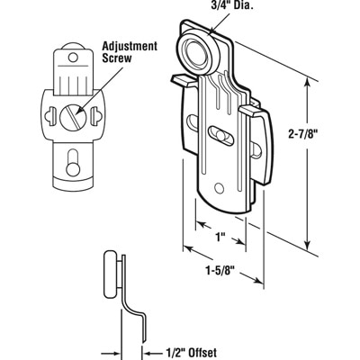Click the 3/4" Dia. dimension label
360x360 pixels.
(x=231, y=6)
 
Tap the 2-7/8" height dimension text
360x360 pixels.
(x=303, y=135)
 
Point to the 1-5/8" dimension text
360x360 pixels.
(x=220, y=271)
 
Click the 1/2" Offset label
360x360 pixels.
(x=191, y=352)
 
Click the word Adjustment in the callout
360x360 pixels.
(x=130, y=47)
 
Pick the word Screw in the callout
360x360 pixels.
(x=117, y=58)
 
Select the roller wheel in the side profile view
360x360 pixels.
(x=110, y=274)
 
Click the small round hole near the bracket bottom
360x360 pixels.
(x=220, y=188)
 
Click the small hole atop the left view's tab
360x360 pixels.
(x=73, y=58)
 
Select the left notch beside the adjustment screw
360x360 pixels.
(x=50, y=116)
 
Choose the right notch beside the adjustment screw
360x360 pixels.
(x=96, y=115)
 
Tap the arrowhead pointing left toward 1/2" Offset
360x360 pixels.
(x=148, y=352)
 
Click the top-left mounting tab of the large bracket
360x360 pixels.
(x=184, y=80)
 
